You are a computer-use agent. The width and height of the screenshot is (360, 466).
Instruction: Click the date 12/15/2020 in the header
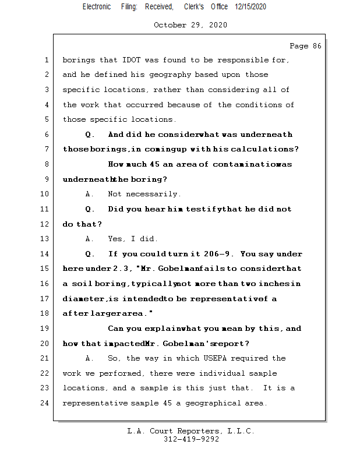250,6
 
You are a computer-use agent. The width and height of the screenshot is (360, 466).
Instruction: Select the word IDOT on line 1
134,60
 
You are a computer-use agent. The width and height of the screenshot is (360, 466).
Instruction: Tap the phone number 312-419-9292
190,439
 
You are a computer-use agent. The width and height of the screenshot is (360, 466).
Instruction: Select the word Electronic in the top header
97,6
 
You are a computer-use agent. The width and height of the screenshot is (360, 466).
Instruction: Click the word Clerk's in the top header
194,6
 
